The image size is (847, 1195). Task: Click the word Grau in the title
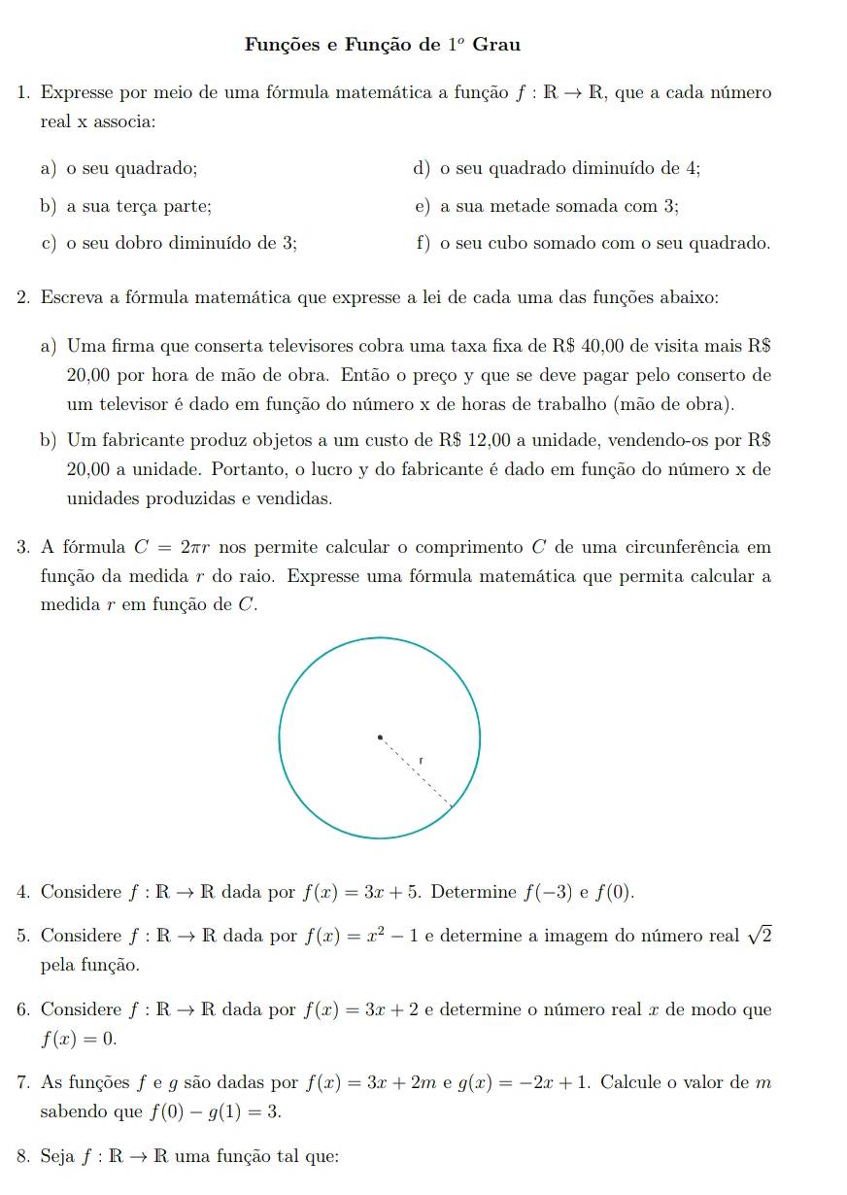pyautogui.click(x=496, y=45)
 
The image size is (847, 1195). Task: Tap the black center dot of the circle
pyautogui.click(x=381, y=737)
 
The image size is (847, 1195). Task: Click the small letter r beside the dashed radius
pyautogui.click(x=422, y=759)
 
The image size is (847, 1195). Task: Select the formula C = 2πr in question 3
pyautogui.click(x=179, y=547)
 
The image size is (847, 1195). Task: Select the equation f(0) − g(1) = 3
pyautogui.click(x=217, y=1112)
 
